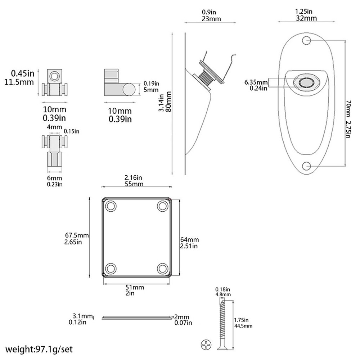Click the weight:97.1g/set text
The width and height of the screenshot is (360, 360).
click(39, 349)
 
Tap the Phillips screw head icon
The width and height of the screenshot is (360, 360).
click(206, 345)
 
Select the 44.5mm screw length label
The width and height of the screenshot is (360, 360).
click(243, 326)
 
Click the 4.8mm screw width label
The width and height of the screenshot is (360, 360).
click(223, 294)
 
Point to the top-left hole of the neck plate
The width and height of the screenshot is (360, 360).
click(111, 206)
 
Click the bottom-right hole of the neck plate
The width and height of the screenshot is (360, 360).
click(163, 268)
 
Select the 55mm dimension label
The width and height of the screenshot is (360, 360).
click(134, 184)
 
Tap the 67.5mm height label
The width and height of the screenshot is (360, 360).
click(77, 235)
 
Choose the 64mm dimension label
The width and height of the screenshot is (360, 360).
click(189, 239)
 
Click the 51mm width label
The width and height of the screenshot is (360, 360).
click(135, 287)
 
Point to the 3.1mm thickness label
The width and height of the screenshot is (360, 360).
click(83, 316)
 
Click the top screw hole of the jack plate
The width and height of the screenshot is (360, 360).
click(306, 41)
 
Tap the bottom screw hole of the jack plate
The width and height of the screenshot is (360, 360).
click(306, 166)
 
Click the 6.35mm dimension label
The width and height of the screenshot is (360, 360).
click(256, 82)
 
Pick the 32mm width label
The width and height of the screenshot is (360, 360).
click(306, 18)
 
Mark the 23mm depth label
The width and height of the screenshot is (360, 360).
click(211, 19)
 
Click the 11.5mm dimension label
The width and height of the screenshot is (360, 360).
click(19, 82)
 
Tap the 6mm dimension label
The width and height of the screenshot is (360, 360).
click(55, 178)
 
